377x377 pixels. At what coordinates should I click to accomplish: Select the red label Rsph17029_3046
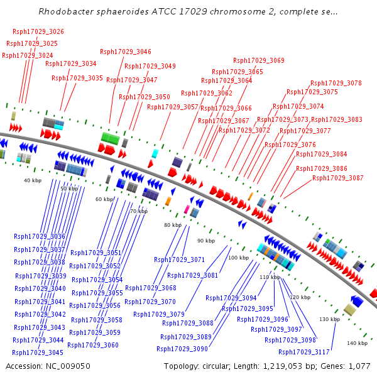pos(126,52)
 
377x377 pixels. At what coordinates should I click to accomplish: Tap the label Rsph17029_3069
pos(259,60)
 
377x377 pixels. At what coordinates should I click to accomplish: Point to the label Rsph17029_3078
pos(336,83)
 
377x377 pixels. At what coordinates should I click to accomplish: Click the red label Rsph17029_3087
pos(338,178)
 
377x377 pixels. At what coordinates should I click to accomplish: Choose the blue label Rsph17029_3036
pos(40,236)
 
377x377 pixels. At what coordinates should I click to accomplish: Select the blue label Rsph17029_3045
pos(38,353)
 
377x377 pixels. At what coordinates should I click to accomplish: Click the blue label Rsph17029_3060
pos(93,345)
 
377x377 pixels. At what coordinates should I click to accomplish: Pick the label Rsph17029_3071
pos(180,260)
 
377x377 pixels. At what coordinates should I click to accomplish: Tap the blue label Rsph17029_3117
pos(304,352)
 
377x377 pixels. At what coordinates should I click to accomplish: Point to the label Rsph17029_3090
pos(182,349)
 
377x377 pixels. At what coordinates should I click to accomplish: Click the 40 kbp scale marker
pos(32,180)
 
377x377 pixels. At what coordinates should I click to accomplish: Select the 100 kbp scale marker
pos(238,258)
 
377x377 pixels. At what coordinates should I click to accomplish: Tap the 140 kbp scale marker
pos(357,343)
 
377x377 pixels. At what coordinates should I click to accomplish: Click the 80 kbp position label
pos(172,224)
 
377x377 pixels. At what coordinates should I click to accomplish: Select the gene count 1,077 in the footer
pos(359,366)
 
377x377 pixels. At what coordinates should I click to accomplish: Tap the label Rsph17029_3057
pos(173,107)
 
